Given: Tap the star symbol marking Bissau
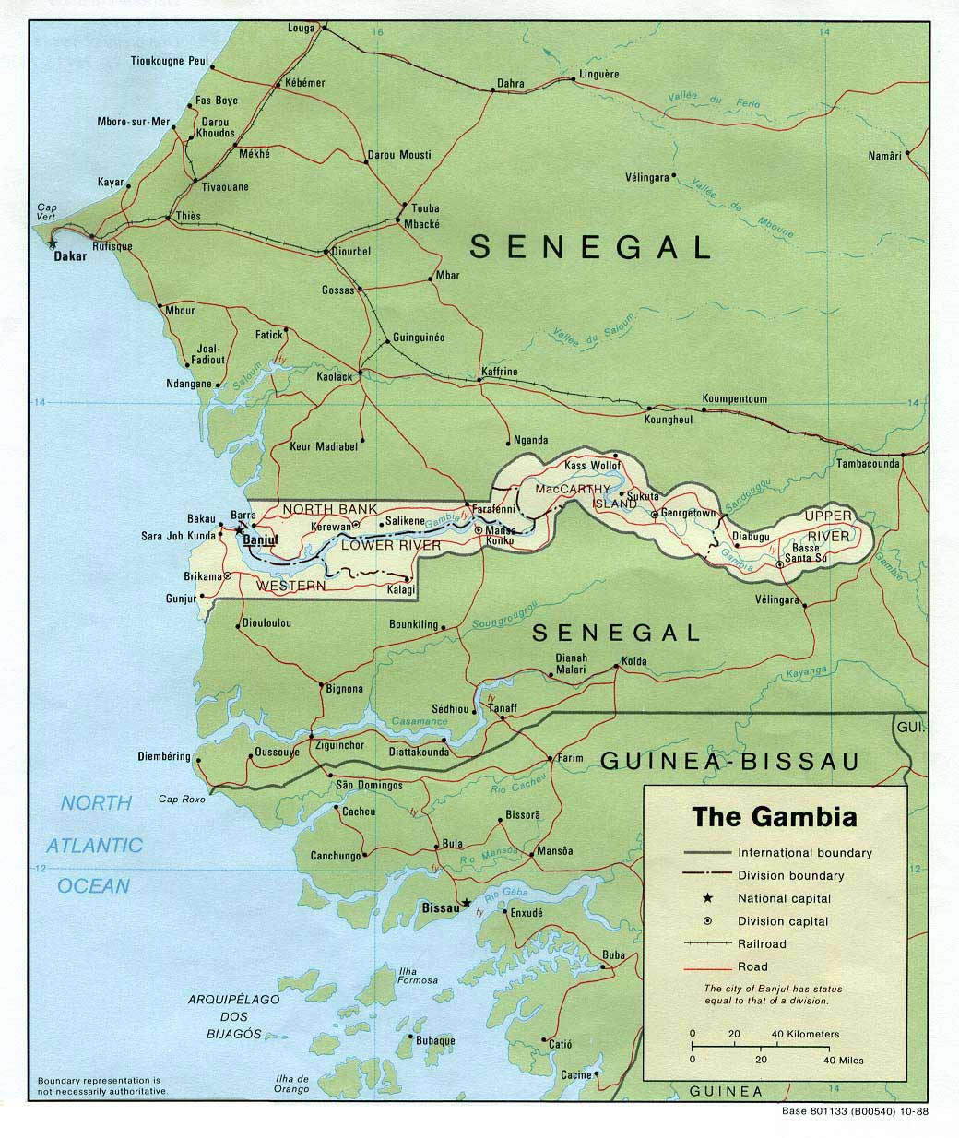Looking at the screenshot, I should point(467,903).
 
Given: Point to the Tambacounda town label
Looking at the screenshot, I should point(868,464).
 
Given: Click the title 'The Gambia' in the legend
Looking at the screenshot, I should point(775,817).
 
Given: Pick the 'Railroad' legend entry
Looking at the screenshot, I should point(762,943).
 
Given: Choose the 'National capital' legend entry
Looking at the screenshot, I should point(784,898).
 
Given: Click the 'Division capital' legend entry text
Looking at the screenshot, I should point(783,921).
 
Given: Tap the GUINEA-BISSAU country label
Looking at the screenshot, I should point(728,761).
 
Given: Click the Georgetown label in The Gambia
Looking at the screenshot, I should point(687,513).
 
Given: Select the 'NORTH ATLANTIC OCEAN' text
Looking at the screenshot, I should point(95,844).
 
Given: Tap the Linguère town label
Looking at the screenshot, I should point(598,74).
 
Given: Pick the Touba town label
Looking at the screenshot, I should point(425,208).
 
